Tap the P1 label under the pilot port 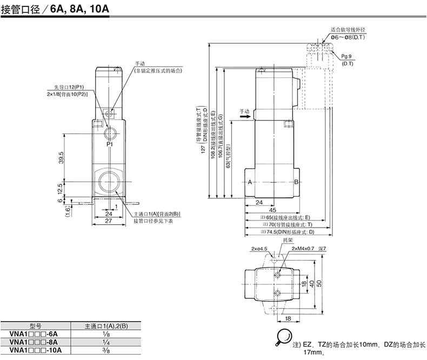[x=109, y=145]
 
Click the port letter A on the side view [x=251, y=182]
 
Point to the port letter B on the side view [x=296, y=182]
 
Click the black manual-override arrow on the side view [x=246, y=115]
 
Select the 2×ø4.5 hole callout [x=259, y=248]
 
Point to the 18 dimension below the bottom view [x=288, y=319]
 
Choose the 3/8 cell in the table [x=105, y=350]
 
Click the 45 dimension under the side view [x=272, y=210]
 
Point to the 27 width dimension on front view [x=108, y=221]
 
